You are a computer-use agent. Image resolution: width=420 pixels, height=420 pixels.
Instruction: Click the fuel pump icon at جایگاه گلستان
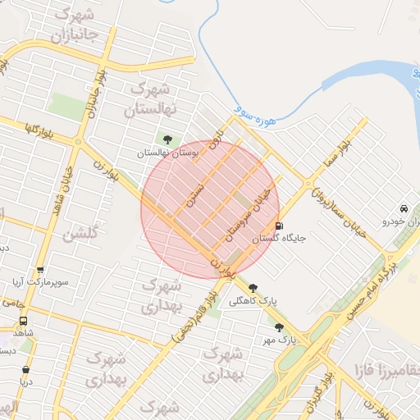tap(280, 226)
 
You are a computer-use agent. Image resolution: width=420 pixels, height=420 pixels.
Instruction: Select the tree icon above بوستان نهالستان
tap(168, 139)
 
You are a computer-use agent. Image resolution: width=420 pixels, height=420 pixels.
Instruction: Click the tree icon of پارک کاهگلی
tap(253, 288)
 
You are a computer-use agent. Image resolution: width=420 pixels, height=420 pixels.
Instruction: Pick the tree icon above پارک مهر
tap(279, 326)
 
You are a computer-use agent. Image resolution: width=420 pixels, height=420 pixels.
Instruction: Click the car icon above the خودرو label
tap(404, 208)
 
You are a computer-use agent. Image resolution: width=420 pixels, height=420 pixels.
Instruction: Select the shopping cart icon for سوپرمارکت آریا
tap(40, 270)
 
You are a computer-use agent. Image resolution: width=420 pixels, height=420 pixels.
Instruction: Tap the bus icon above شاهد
tap(22, 322)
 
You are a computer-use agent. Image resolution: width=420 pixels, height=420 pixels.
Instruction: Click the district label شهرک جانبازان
tap(75, 25)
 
